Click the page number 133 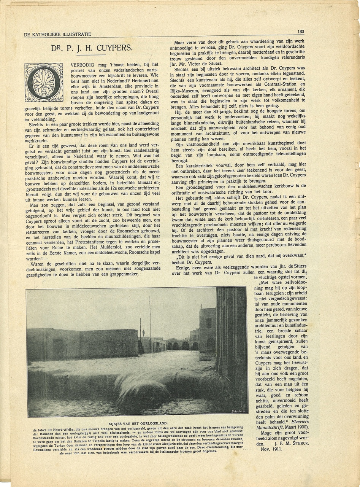point(301,32)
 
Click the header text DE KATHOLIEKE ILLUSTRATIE point(57,35)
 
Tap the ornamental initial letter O point(44,82)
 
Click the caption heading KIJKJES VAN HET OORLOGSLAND point(135,423)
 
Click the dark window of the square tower point(209,323)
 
